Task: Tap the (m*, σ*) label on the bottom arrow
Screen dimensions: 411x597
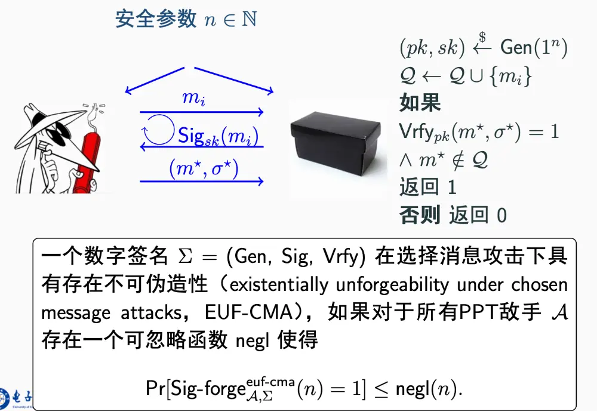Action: pyautogui.click(x=204, y=169)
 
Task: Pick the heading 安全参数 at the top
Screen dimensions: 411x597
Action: pyautogui.click(x=156, y=19)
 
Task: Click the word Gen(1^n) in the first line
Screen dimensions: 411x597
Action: pyautogui.click(x=533, y=47)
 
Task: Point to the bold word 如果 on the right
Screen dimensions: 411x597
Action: pyautogui.click(x=420, y=103)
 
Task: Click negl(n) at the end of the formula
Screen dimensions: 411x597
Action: pyautogui.click(x=428, y=389)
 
